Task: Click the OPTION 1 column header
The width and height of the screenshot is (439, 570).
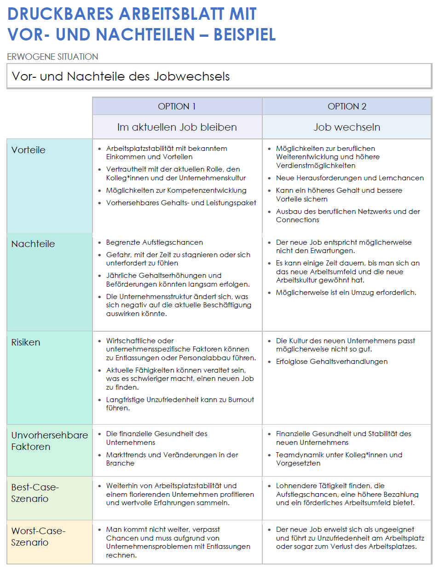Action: [x=177, y=107]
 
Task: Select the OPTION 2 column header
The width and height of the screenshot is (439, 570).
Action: [x=347, y=107]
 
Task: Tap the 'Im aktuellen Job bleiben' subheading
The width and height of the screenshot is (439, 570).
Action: [x=177, y=127]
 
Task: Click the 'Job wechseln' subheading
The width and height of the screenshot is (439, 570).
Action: [x=347, y=127]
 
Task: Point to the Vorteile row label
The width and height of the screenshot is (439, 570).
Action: [x=29, y=150]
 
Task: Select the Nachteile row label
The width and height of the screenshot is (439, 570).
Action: [x=33, y=244]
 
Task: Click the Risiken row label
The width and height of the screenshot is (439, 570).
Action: [x=26, y=342]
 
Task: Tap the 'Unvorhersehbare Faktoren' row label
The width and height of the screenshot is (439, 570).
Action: [x=49, y=441]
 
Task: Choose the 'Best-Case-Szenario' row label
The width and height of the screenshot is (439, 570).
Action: [x=35, y=493]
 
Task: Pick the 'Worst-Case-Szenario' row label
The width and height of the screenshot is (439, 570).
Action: [x=38, y=536]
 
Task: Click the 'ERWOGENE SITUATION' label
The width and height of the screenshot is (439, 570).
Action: [x=52, y=57]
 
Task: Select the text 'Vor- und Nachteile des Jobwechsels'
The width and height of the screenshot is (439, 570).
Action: [x=121, y=76]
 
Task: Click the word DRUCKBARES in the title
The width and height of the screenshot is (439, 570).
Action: [x=60, y=14]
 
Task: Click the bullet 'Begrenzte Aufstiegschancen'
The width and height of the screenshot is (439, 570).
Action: [x=154, y=242]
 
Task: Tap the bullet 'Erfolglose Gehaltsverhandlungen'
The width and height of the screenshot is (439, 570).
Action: [x=331, y=362]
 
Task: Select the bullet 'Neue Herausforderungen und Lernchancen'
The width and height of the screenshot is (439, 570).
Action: [x=350, y=178]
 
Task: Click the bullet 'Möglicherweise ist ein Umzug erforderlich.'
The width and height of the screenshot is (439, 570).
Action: [x=346, y=293]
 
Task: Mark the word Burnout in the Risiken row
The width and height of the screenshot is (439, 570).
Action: [x=241, y=400]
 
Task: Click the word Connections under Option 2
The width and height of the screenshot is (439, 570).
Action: [x=297, y=220]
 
